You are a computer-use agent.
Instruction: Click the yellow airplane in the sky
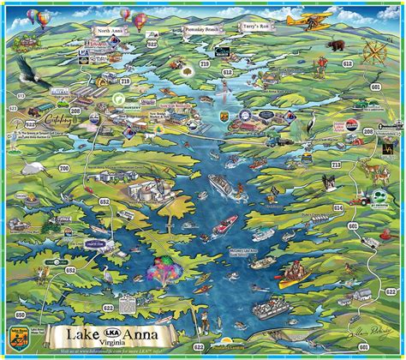(306, 18)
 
